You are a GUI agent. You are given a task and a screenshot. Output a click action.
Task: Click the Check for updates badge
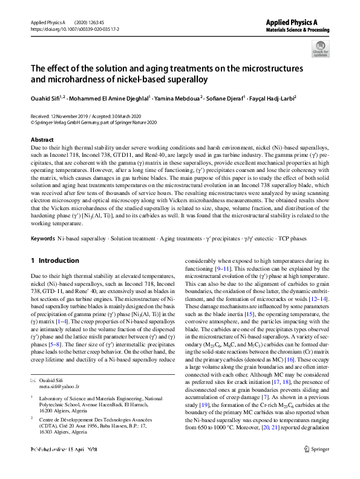click(x=320, y=48)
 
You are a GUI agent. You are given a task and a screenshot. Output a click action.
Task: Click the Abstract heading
click(x=42, y=140)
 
